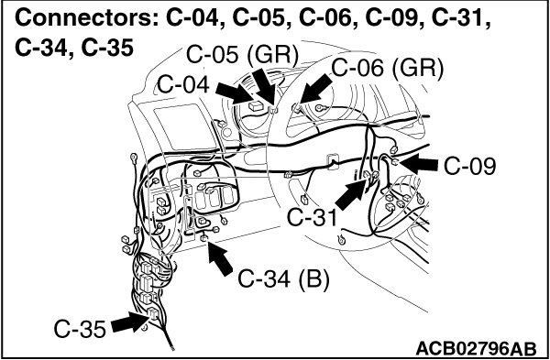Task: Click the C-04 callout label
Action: [183, 85]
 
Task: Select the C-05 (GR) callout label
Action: [242, 55]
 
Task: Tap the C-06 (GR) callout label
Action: [388, 68]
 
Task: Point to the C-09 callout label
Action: [469, 167]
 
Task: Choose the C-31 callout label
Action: [313, 218]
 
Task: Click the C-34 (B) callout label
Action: [284, 279]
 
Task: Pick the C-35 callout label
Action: [80, 330]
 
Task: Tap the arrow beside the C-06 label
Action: [315, 88]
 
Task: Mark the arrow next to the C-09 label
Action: [419, 163]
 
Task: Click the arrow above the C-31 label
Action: [352, 194]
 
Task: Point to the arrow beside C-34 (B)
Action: [220, 258]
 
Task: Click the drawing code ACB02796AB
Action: [476, 349]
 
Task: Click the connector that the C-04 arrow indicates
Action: [258, 106]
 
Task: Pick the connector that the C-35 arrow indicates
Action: [154, 313]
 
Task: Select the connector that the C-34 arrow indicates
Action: [204, 238]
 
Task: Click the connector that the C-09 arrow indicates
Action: [394, 162]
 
